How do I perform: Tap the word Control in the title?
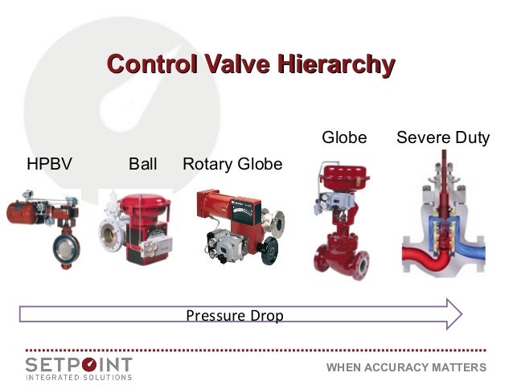(146, 63)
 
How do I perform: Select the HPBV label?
(49, 164)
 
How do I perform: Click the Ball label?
(143, 164)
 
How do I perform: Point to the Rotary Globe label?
(232, 164)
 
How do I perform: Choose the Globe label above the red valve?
(344, 137)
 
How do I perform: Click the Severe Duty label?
(443, 137)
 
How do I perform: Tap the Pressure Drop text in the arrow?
(235, 316)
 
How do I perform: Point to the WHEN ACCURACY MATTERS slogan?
(406, 367)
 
